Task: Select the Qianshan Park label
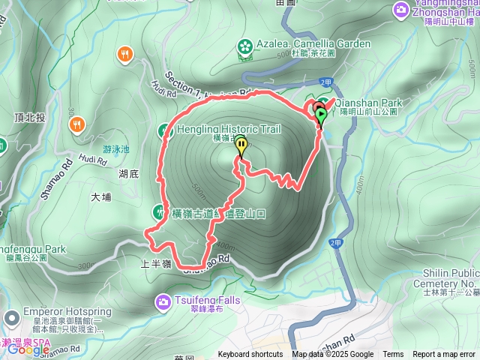368,103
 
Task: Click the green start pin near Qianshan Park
322,116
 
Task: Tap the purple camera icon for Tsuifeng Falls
163,302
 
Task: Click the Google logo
28,349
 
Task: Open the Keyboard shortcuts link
250,355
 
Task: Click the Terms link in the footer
393,355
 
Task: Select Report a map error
444,355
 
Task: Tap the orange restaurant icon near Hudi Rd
124,54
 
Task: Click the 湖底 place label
129,174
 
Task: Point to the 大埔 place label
100,198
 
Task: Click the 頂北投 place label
30,118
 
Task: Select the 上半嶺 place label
156,264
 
